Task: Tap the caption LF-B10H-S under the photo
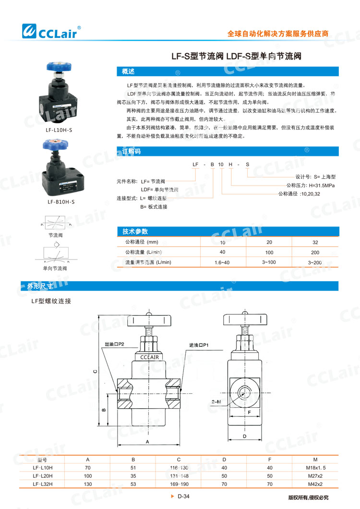[61, 202]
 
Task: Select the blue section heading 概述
[128, 71]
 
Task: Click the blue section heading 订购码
[131, 152]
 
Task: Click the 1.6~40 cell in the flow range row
[222, 262]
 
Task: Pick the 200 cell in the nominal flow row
[315, 252]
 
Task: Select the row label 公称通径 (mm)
[142, 242]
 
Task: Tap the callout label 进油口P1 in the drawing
[198, 345]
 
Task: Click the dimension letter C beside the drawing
[95, 371]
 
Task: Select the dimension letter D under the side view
[244, 436]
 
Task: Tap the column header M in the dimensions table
[315, 459]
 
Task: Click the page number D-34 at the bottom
[184, 497]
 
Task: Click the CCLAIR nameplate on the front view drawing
[150, 357]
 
